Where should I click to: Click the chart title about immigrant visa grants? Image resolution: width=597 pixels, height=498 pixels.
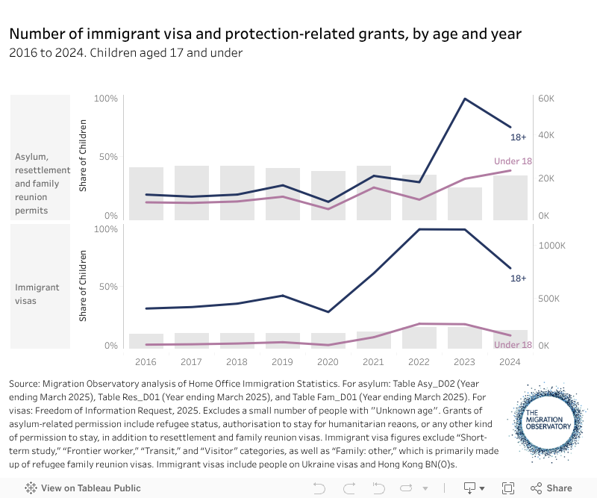point(265,34)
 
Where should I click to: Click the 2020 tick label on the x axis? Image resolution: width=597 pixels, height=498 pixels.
point(328,361)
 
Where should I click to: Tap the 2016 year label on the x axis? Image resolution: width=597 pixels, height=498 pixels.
point(146,361)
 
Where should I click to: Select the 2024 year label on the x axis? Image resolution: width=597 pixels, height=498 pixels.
point(510,361)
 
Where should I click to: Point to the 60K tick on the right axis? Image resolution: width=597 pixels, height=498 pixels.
point(548,99)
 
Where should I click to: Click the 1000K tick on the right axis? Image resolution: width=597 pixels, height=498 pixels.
point(552,246)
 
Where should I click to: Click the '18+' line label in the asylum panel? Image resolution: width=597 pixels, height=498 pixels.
point(519,137)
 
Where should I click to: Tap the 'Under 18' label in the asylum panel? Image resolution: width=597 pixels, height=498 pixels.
point(513,161)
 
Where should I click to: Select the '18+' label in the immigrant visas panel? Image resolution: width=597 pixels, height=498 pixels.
point(519,278)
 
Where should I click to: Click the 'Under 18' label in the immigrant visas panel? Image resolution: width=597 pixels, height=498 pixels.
point(513,345)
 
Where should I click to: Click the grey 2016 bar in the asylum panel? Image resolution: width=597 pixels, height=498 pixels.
point(146,193)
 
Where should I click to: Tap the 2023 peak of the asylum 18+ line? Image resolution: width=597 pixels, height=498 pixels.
point(465,99)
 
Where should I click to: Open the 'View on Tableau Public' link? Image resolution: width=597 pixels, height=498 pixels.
point(84,488)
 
